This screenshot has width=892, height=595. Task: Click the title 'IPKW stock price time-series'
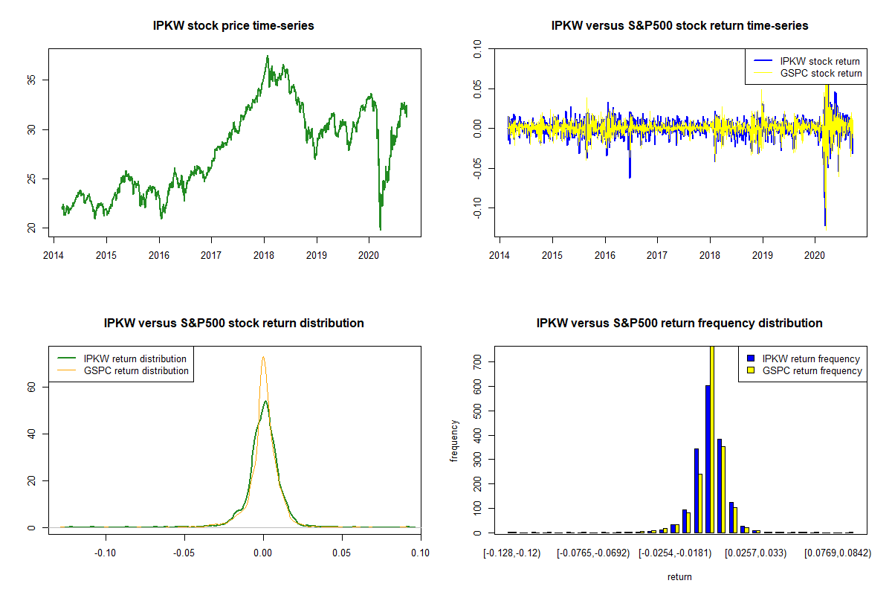[233, 26]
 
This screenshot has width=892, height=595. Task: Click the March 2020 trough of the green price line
[380, 229]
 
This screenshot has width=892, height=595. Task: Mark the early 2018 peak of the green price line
[267, 57]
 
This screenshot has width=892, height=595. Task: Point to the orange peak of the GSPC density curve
[262, 358]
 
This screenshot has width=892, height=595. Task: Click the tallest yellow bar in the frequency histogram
[711, 439]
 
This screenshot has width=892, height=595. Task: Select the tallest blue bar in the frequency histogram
[708, 458]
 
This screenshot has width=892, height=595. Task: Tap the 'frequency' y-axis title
[455, 440]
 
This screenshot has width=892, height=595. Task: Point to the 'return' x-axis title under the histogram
[679, 576]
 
